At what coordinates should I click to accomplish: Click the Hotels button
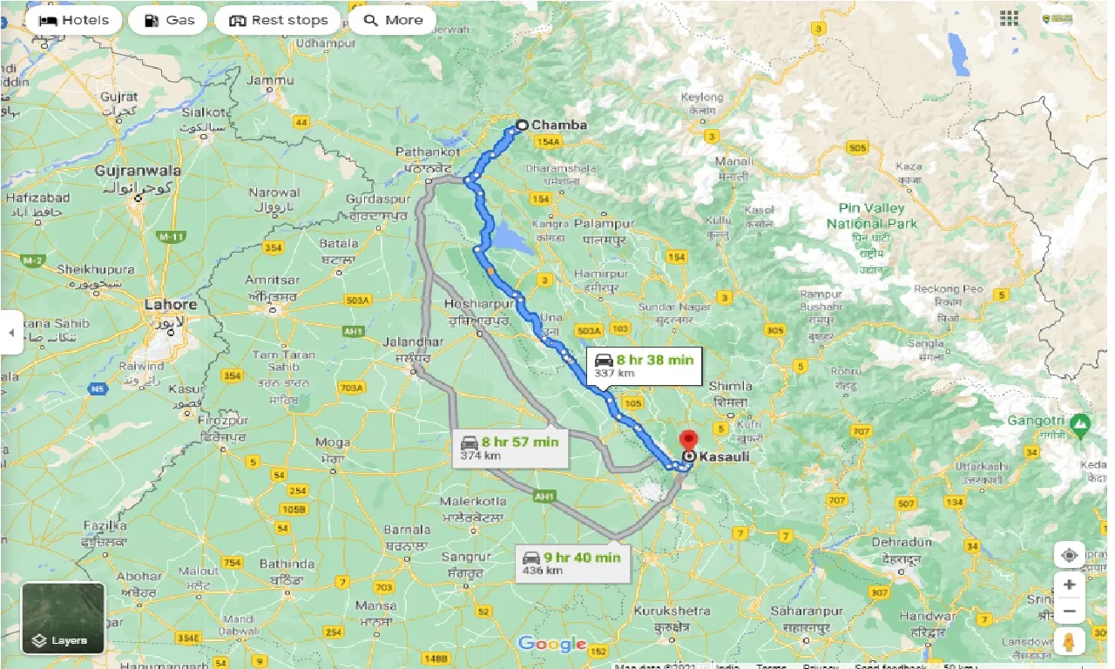point(73,20)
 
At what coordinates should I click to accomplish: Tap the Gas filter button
point(168,20)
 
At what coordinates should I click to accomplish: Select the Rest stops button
point(279,20)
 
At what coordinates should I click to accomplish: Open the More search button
point(395,20)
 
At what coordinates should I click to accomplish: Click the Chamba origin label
point(558,125)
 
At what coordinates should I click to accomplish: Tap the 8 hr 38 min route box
point(644,365)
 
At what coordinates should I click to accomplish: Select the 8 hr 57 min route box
point(510,447)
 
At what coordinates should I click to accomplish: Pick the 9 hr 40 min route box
point(571,563)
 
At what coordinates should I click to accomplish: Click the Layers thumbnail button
point(63,618)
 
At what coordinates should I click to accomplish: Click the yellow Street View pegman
point(1068,641)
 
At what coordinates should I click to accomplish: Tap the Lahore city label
point(170,305)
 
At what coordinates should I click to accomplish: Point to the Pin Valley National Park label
point(872,216)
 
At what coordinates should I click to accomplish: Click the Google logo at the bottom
point(551,645)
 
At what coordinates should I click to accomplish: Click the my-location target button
point(1068,555)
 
